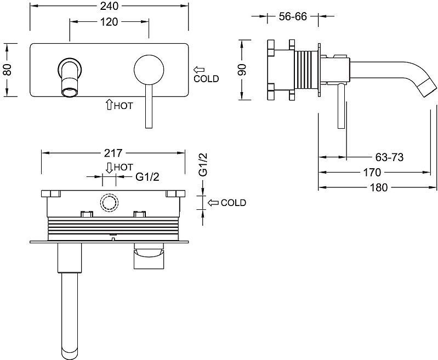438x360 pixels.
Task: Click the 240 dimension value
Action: click(x=110, y=7)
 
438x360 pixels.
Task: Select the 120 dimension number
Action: click(x=110, y=22)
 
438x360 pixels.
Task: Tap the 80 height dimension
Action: click(x=7, y=69)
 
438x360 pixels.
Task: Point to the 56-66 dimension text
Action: click(x=292, y=16)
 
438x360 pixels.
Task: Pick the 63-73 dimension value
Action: click(x=390, y=158)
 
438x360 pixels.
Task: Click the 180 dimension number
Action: click(x=378, y=187)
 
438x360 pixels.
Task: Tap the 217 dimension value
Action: click(x=113, y=153)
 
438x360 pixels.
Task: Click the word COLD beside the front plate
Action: click(x=206, y=79)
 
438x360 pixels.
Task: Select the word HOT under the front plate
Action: click(x=123, y=106)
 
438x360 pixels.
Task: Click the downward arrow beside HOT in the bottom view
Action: click(x=109, y=167)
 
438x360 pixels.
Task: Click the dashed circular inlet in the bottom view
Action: click(x=109, y=203)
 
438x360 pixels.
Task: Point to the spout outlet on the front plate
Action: click(x=69, y=85)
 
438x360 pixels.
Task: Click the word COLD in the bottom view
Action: click(x=234, y=203)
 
